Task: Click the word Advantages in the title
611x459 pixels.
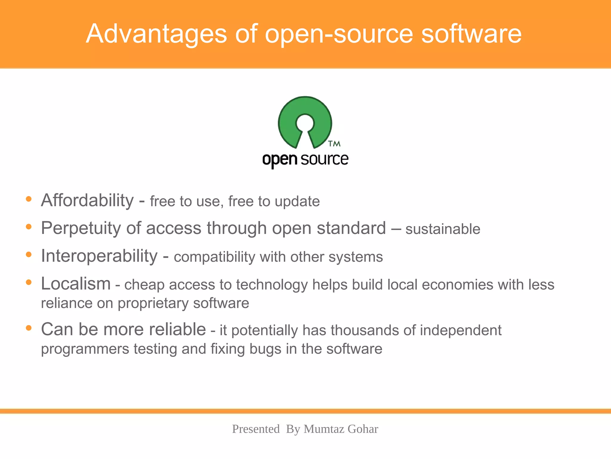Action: [156, 34]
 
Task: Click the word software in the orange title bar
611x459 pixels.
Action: [471, 34]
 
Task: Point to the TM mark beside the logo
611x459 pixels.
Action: [334, 144]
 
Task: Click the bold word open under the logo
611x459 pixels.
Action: [280, 160]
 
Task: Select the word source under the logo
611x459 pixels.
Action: [324, 159]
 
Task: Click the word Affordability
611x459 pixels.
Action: [87, 200]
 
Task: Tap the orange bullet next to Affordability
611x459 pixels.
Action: [29, 199]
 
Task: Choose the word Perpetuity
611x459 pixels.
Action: [81, 228]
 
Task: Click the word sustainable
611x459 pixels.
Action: [443, 229]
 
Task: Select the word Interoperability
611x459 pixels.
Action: [99, 256]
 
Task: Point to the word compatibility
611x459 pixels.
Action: [214, 257]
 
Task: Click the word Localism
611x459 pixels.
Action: [76, 284]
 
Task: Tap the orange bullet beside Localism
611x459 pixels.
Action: [29, 282]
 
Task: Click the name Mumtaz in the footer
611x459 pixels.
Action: [323, 429]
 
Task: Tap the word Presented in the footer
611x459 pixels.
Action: [256, 429]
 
